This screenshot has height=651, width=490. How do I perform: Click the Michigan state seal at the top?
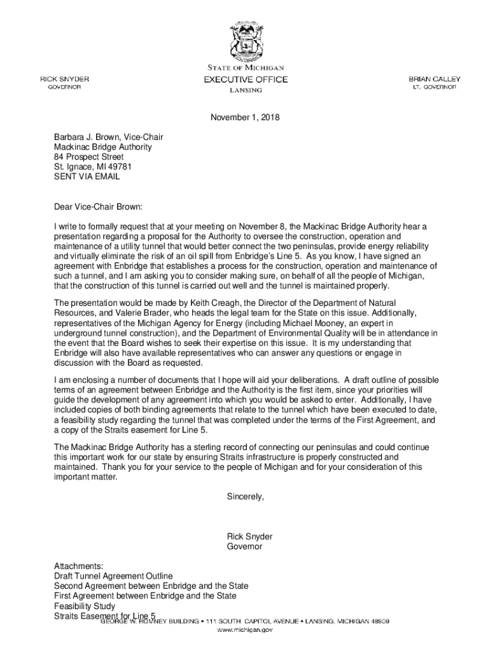(x=245, y=40)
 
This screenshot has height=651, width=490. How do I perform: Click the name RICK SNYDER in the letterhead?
(x=65, y=79)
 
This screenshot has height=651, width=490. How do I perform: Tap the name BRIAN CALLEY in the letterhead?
(x=435, y=79)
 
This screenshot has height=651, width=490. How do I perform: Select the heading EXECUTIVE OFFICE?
(x=245, y=79)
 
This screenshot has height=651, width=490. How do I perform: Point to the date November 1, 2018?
(x=245, y=118)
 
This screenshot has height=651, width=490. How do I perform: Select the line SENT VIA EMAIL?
(x=87, y=177)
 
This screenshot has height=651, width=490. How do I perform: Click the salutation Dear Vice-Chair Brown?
(x=99, y=207)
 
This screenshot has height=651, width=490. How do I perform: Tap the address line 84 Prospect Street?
(x=89, y=157)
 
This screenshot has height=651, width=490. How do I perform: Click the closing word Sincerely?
(x=245, y=497)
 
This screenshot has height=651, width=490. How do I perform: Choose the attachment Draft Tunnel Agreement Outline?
(x=113, y=576)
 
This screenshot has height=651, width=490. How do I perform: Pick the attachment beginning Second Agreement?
(x=151, y=586)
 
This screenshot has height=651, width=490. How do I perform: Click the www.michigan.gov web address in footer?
(x=245, y=630)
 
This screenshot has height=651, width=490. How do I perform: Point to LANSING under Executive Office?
(x=245, y=90)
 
